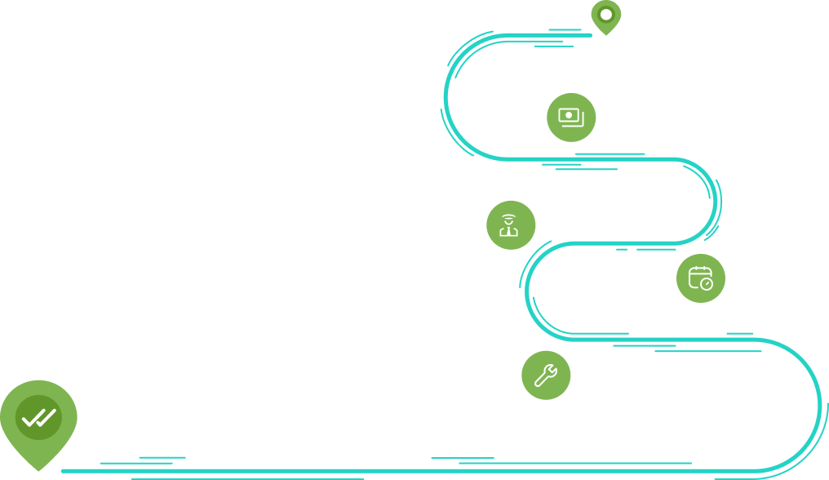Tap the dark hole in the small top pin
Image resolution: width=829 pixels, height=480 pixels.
[605, 14]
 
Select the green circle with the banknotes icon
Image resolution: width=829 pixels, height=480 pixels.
[571, 118]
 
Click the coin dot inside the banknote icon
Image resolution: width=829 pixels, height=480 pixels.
[569, 116]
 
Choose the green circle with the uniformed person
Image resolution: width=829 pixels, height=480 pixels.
[511, 225]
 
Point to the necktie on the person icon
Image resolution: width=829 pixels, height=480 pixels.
[509, 231]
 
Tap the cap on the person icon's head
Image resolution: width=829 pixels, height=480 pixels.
[509, 217]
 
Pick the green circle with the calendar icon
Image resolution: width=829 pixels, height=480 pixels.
[700, 278]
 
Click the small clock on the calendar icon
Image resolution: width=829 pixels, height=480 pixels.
[707, 284]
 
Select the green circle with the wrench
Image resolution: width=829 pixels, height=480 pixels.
[546, 376]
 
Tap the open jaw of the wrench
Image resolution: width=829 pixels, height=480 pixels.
[552, 369]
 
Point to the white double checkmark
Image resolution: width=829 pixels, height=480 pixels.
[38, 418]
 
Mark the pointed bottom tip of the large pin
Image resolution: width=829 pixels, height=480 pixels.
[38, 469]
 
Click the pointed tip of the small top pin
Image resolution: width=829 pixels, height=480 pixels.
[605, 34]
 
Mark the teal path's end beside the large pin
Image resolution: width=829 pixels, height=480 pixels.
[64, 471]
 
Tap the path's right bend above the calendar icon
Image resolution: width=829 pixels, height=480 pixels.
[716, 201]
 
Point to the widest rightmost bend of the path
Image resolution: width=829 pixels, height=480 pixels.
[818, 404]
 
